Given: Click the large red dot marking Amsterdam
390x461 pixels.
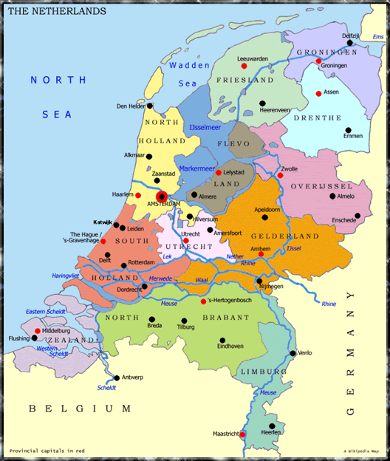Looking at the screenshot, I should click(162, 197).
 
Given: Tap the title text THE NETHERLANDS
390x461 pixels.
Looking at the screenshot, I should click(57, 12).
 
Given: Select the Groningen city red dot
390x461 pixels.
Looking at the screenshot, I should click(318, 61).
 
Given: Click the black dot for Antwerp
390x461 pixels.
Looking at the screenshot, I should click(116, 378).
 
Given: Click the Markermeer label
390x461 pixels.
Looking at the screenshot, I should click(196, 168).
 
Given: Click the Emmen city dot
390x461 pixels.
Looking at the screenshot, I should click(348, 131).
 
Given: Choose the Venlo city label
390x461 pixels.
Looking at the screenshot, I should click(305, 353).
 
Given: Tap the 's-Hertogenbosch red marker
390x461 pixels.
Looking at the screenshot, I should click(204, 301).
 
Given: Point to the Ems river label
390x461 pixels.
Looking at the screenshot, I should click(377, 37).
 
